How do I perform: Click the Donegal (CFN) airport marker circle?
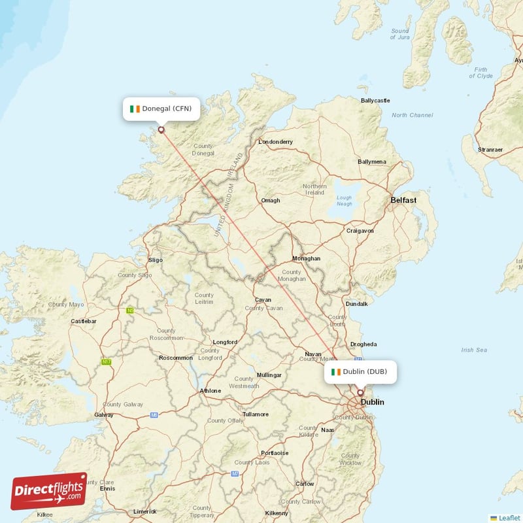[161, 129]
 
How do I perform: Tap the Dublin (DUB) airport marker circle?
[360, 393]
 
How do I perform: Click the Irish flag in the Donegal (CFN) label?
[135, 109]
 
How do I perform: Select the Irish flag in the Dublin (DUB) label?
[336, 372]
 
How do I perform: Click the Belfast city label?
[403, 200]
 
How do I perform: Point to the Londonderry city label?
[276, 142]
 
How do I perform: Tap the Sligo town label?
[156, 260]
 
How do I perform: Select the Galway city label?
[104, 414]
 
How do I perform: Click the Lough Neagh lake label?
[343, 201]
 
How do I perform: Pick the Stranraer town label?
[490, 150]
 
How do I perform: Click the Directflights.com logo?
[49, 491]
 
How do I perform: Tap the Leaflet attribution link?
[509, 518]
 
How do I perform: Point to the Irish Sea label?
[474, 350]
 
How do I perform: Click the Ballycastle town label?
[375, 101]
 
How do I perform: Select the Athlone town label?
[210, 392]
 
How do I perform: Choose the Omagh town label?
[271, 201]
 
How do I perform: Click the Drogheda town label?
[363, 344]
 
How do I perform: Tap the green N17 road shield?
[106, 362]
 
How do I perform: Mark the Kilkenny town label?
[277, 513]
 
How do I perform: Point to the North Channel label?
[412, 115]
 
